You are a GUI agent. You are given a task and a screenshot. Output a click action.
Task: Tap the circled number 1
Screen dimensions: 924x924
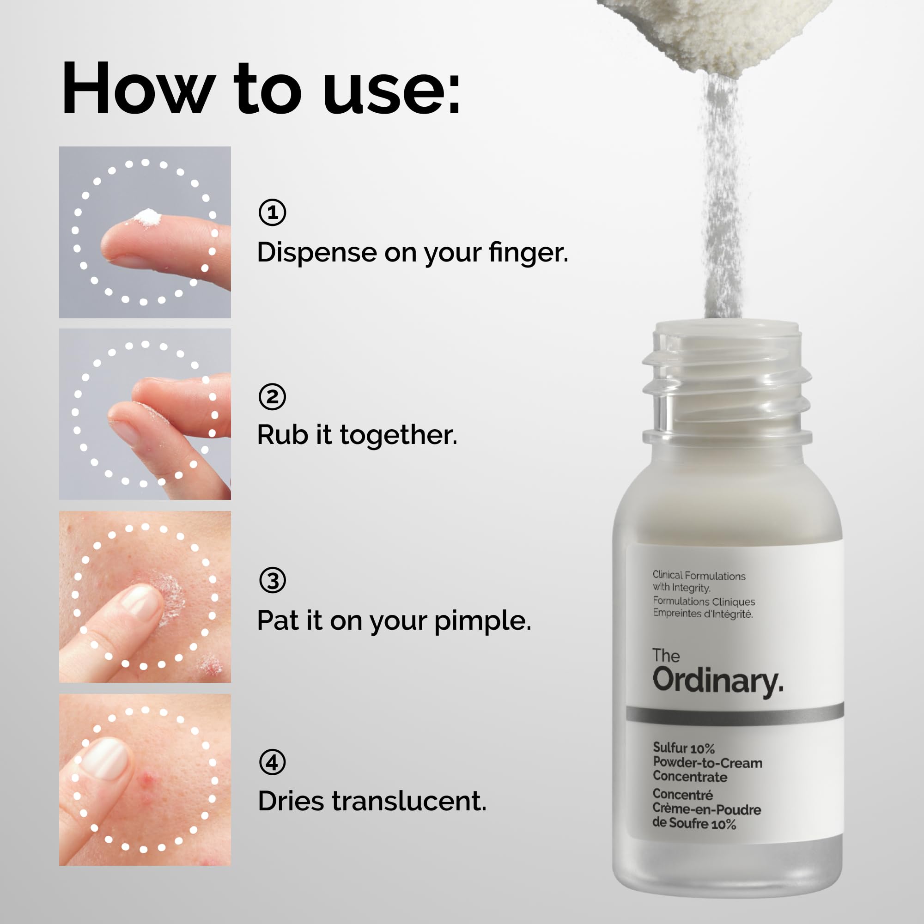coord(272,213)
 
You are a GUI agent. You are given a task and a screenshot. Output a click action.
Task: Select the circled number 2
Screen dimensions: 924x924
coord(272,396)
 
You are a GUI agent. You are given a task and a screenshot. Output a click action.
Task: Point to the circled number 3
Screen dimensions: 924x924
coord(272,580)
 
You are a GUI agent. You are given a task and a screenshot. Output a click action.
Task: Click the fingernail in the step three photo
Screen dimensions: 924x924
coord(140,602)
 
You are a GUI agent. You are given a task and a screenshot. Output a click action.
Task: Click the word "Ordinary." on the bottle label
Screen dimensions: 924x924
coord(718,681)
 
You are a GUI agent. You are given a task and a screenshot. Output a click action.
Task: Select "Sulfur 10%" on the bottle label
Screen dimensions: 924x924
coord(683,748)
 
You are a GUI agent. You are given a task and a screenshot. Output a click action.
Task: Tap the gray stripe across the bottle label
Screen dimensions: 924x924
coord(735,714)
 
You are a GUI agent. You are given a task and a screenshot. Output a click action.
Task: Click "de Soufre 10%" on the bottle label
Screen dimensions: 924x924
coord(694,824)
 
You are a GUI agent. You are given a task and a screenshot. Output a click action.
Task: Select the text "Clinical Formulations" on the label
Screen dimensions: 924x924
coord(699,575)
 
